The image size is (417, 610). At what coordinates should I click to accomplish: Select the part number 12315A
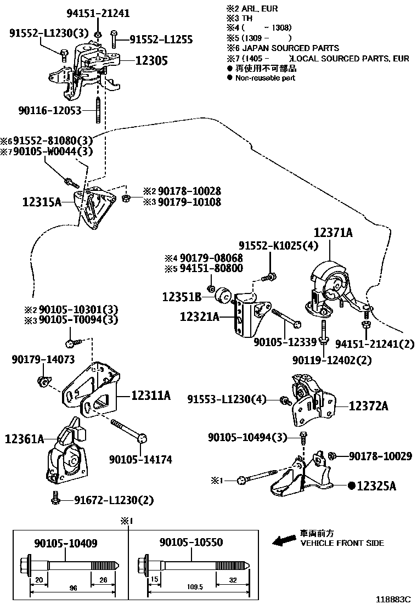click(x=42, y=201)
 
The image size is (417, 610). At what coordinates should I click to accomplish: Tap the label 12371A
click(x=333, y=233)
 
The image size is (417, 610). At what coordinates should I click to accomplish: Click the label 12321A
click(x=199, y=317)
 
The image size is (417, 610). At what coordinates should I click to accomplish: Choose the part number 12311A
click(x=151, y=395)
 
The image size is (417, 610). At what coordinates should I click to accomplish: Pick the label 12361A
click(x=24, y=439)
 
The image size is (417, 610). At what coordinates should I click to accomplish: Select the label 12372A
click(x=368, y=406)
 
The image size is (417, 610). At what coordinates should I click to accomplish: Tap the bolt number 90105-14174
click(x=140, y=459)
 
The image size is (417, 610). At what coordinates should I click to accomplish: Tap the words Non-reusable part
click(x=265, y=78)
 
